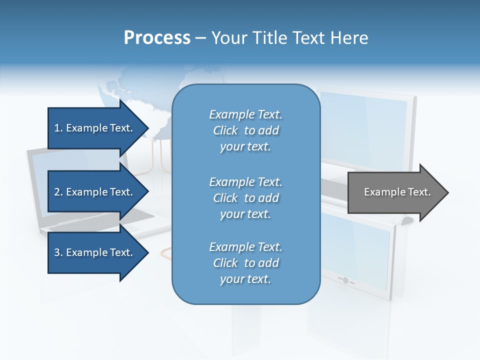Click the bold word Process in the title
point(157,38)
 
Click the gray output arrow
point(395,192)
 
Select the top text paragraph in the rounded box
point(245,130)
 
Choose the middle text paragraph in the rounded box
point(245,197)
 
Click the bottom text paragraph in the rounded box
point(245,263)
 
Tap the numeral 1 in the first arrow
point(57,128)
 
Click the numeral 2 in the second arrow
point(57,192)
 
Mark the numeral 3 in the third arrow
point(57,252)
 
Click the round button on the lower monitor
point(345,280)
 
